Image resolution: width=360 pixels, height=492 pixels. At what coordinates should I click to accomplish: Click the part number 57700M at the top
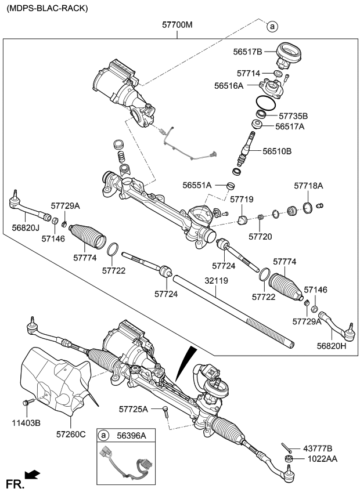178,25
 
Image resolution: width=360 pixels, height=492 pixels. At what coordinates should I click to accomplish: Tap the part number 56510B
276,151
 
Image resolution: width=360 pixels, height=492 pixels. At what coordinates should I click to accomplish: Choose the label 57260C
71,433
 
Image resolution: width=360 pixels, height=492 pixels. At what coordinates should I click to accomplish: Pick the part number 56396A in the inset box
131,435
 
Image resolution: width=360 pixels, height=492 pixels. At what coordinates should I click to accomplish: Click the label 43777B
318,448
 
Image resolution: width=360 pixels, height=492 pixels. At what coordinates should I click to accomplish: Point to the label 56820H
332,346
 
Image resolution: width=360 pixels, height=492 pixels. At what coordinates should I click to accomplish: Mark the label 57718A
308,186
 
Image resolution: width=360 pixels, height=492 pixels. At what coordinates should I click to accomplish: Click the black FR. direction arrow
33,475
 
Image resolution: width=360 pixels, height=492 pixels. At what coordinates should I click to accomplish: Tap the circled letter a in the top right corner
272,26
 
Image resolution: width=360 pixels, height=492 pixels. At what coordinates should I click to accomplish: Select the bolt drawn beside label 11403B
27,402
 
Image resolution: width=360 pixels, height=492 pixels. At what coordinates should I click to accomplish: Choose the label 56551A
197,186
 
